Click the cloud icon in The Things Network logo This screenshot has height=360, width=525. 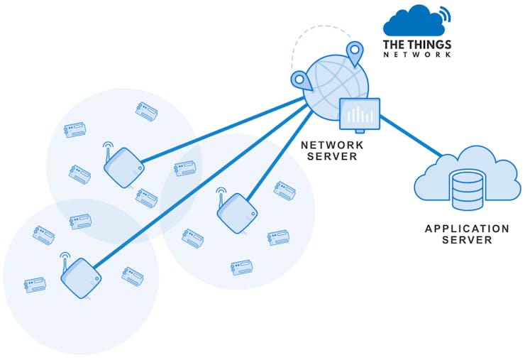[411, 21]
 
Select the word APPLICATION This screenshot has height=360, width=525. [467, 229]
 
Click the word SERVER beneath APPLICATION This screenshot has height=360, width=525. [467, 240]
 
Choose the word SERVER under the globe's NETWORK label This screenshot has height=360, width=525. [333, 156]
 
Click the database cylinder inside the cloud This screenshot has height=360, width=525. [468, 187]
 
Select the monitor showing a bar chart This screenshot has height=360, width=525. [360, 114]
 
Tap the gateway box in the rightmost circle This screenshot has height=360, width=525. [237, 213]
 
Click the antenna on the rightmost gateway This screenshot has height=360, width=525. [222, 195]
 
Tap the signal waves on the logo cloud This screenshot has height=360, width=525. [445, 14]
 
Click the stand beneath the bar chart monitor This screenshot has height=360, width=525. [360, 130]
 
